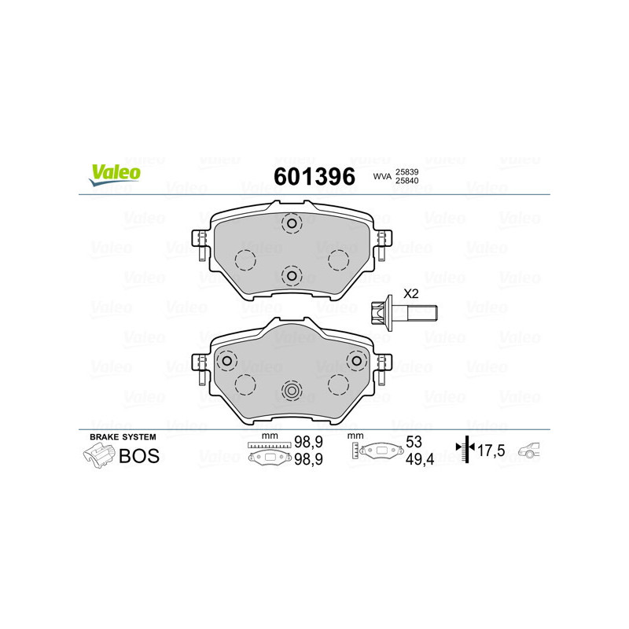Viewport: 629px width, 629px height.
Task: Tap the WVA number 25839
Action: click(x=406, y=171)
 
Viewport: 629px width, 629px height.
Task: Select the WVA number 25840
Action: click(x=406, y=181)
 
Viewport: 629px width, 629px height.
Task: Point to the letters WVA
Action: click(x=382, y=176)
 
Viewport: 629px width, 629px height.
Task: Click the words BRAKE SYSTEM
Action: click(x=123, y=436)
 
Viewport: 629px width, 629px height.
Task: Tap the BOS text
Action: click(x=138, y=455)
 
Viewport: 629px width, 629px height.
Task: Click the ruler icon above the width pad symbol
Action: click(x=269, y=445)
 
